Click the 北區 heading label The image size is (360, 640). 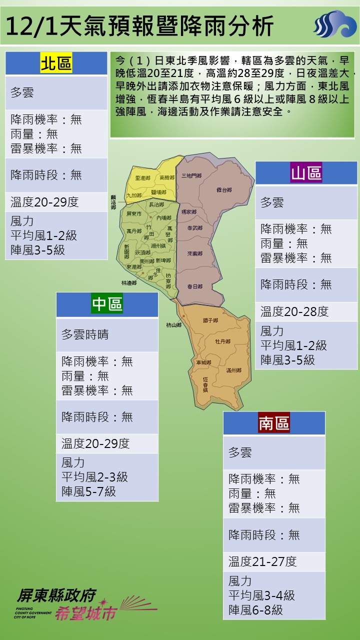56,64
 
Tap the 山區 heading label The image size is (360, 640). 306,173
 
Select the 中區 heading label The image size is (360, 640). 107,304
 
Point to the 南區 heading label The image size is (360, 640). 274,423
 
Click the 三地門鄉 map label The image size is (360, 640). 191,175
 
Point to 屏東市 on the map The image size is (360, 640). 134,213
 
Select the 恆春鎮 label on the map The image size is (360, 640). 205,383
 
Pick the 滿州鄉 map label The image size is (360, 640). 233,370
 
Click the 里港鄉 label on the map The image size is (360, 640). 142,178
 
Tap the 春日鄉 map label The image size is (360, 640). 194,286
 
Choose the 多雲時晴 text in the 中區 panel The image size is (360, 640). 85,334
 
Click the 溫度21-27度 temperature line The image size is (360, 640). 262,561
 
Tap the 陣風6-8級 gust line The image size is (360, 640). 255,610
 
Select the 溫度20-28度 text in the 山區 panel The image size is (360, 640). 294,312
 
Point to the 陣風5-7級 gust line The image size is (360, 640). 88,491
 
